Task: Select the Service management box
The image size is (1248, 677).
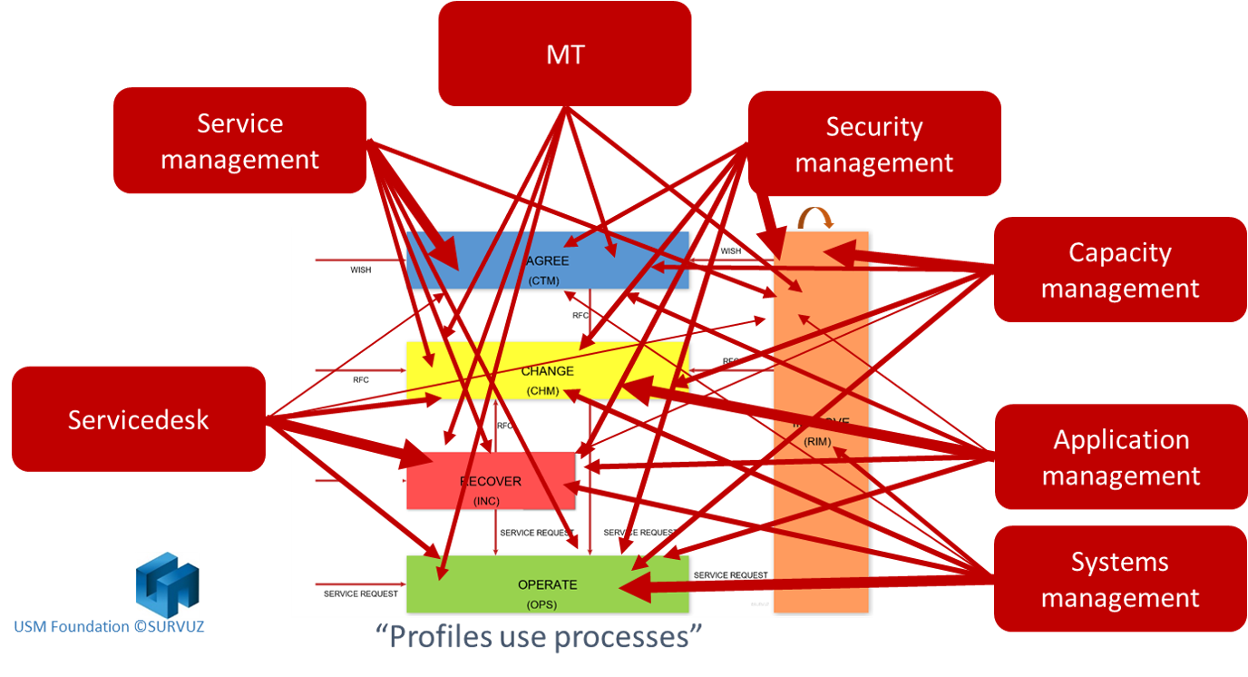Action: (x=239, y=141)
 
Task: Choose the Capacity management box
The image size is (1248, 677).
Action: (x=1119, y=270)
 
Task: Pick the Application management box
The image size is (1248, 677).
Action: (x=1120, y=456)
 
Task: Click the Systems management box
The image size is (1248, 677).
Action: (x=1120, y=579)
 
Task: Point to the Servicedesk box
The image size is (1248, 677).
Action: (x=138, y=418)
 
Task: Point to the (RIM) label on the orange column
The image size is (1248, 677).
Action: (x=817, y=442)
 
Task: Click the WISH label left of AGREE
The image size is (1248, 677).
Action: (x=361, y=270)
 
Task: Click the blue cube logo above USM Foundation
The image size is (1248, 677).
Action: (x=167, y=584)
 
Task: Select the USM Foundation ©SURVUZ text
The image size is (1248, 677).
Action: (x=109, y=626)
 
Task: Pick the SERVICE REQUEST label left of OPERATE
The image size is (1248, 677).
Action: (x=361, y=594)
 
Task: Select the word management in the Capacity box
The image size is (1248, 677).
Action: (x=1119, y=289)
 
